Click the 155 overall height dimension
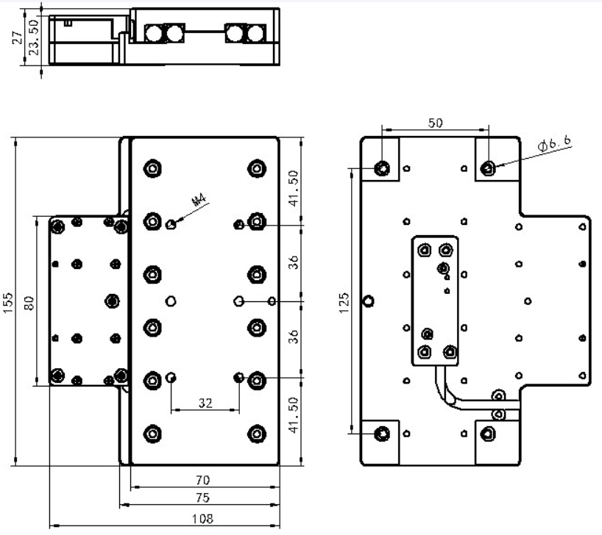(x=8, y=301)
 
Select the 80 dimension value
(x=29, y=301)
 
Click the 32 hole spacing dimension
(x=205, y=402)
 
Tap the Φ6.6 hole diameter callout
(x=554, y=144)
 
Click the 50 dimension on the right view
(x=435, y=123)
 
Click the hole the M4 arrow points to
(x=171, y=223)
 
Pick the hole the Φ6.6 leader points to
(x=488, y=169)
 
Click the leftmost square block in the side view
(x=155, y=33)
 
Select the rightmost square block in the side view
(x=255, y=33)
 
